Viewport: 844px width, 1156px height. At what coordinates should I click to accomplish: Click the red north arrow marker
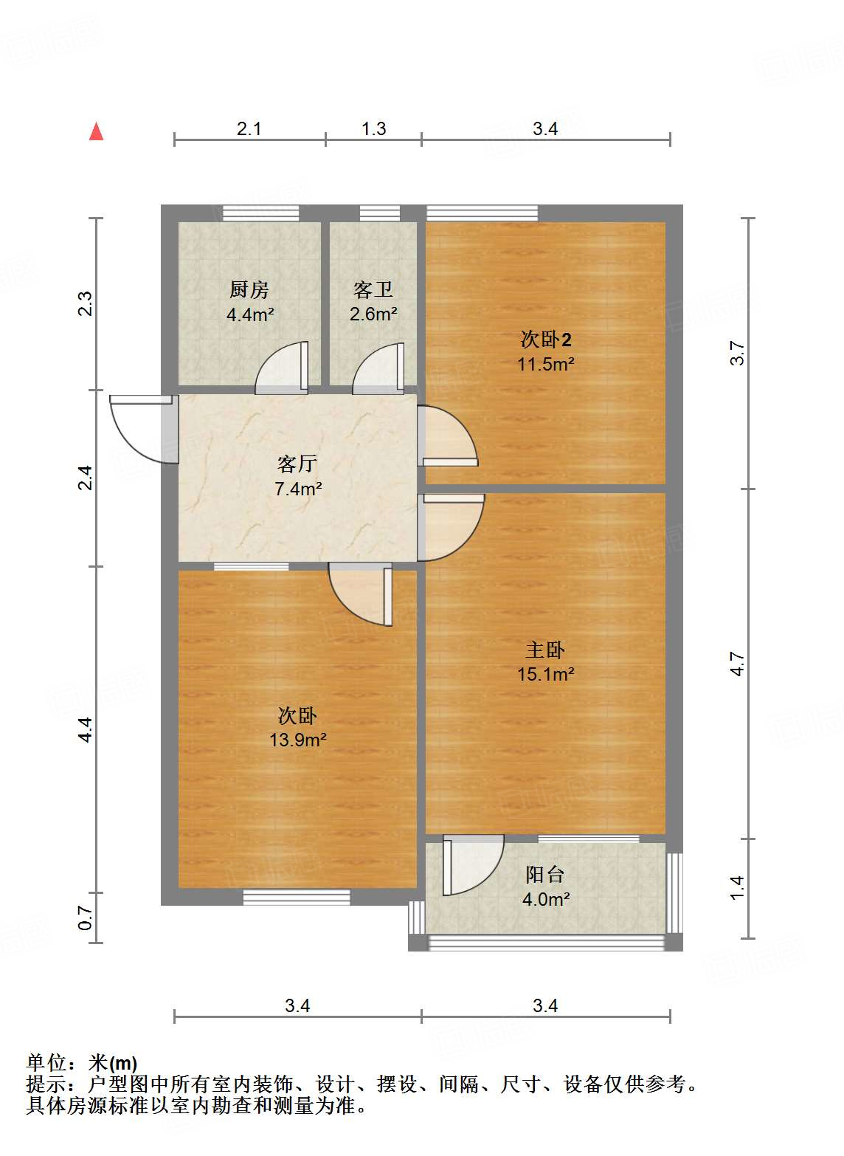click(x=96, y=131)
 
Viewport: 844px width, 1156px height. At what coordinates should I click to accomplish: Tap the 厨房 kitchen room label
click(x=249, y=289)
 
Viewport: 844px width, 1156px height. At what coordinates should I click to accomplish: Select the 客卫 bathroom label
click(x=373, y=289)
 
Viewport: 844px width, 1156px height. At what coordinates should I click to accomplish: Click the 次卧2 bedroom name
click(x=546, y=340)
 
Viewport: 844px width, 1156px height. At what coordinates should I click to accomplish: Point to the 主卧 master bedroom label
click(x=545, y=650)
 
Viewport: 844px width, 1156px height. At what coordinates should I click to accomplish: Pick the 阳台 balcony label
click(x=545, y=875)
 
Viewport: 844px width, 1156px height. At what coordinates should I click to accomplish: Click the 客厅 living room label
click(x=297, y=464)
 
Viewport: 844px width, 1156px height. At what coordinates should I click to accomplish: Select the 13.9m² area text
click(x=297, y=740)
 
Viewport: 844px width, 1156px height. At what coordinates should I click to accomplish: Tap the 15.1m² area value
click(x=545, y=674)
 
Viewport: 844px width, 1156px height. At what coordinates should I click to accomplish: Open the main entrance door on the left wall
click(x=140, y=432)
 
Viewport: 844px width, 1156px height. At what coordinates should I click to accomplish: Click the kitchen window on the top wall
click(x=261, y=213)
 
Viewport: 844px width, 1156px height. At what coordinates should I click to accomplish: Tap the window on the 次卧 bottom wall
click(x=297, y=898)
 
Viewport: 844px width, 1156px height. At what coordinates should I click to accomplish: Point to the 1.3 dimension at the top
click(x=373, y=128)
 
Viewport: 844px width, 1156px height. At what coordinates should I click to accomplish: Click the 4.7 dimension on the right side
click(x=737, y=664)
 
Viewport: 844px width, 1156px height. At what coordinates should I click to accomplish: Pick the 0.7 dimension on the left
click(x=86, y=919)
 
